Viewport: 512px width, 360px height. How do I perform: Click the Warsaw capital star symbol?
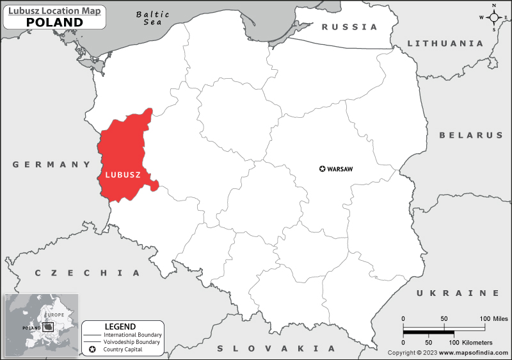click(322, 169)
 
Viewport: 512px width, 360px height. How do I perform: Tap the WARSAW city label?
click(340, 169)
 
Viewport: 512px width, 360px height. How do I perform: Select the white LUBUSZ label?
click(122, 174)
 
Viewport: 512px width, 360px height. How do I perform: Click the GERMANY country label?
click(52, 165)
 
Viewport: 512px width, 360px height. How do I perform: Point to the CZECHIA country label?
click(87, 273)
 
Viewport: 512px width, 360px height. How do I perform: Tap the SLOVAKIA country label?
click(276, 348)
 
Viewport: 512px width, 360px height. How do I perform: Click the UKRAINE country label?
click(458, 293)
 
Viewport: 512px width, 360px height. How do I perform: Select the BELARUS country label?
click(471, 135)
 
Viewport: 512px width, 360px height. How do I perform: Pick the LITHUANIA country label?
click(445, 44)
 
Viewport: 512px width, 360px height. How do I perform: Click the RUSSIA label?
click(349, 27)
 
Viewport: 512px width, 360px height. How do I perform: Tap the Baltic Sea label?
click(153, 18)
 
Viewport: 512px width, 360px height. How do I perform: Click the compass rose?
click(494, 17)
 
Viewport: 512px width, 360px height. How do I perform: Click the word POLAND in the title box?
click(54, 22)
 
